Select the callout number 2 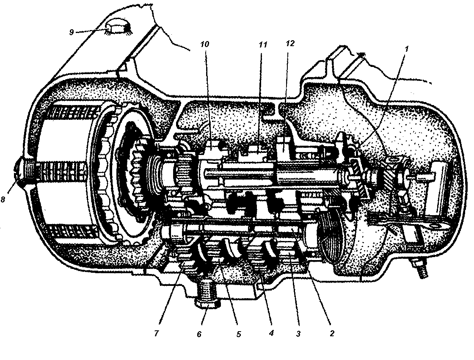coord(332,334)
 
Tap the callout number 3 coord(298,334)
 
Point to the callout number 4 coord(271,333)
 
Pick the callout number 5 coord(239,334)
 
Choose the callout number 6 coord(199,334)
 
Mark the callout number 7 coord(156,333)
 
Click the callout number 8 coord(3,199)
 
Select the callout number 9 coord(72,32)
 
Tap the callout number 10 coord(204,44)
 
